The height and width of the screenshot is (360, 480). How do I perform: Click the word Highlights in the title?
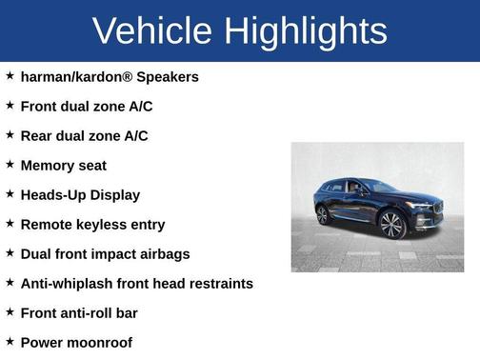(307, 30)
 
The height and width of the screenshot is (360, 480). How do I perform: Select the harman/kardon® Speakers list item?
(110, 76)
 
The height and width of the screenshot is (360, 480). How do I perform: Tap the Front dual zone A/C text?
(85, 106)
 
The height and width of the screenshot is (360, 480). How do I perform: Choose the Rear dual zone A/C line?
(84, 135)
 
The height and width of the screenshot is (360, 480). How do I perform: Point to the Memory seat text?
(63, 165)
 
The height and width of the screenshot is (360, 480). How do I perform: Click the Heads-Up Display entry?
(80, 194)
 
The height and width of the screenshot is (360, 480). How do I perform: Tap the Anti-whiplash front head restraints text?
(136, 283)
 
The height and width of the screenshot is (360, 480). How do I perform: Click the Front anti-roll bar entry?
(86, 312)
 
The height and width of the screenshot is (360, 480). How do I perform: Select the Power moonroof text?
(76, 342)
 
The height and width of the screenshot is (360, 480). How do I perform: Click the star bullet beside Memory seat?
(10, 164)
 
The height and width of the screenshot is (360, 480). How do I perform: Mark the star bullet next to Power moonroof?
(10, 341)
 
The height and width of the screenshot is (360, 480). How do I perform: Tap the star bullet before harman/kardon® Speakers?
(10, 75)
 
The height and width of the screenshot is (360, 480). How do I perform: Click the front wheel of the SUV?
(391, 225)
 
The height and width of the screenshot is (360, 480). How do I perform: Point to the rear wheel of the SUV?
(323, 215)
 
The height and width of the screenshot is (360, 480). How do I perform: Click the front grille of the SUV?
(437, 209)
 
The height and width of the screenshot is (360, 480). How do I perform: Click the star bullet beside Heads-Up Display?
(10, 193)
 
